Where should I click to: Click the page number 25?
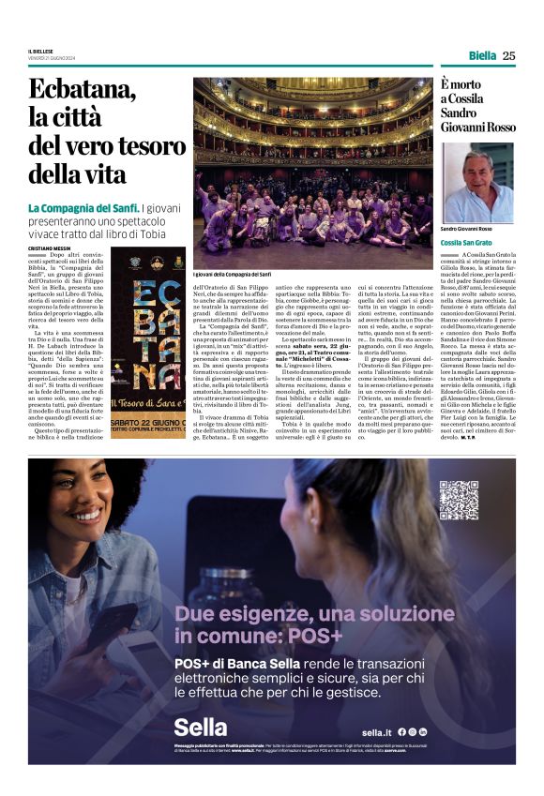pos(508,55)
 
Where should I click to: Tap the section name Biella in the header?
pos(482,55)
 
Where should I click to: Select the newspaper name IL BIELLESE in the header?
pos(43,52)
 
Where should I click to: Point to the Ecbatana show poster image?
pos(148,342)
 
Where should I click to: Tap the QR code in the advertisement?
pos(459,499)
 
